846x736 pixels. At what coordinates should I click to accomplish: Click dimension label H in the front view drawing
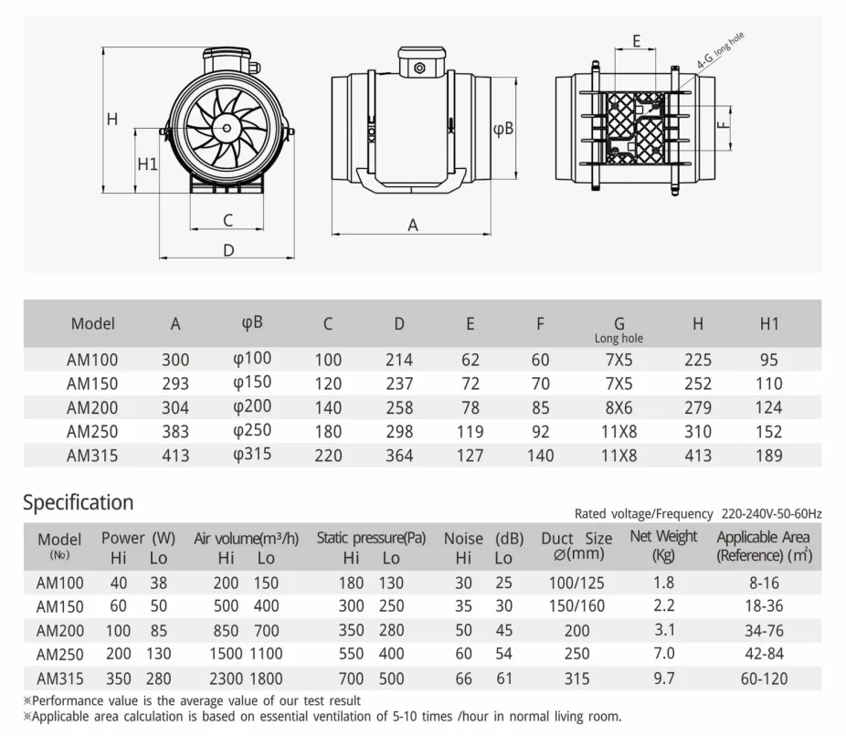pos(112,119)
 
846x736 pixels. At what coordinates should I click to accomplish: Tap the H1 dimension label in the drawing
pos(147,164)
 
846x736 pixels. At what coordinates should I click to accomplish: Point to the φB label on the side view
pos(503,129)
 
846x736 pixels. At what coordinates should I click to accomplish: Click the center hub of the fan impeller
pos(227,128)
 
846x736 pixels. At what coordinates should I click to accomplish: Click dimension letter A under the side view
pos(413,225)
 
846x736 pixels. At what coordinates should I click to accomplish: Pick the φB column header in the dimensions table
pos(252,322)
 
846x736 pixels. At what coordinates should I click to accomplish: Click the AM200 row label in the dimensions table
pos(92,407)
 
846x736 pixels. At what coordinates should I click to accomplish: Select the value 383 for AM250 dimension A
pos(175,431)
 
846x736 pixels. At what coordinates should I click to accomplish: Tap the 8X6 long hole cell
pos(619,407)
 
